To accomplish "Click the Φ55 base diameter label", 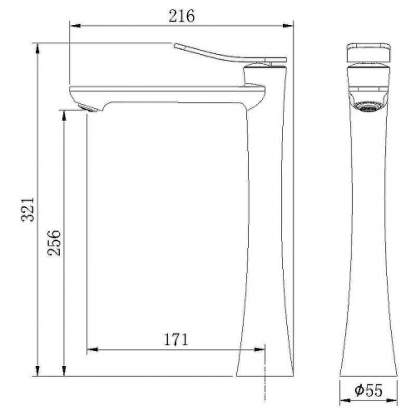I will click(367, 389).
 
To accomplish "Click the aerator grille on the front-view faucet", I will click(367, 105).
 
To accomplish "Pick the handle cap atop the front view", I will click(367, 52).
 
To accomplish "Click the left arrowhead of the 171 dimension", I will click(91, 349).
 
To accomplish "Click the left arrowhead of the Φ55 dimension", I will click(343, 398).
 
